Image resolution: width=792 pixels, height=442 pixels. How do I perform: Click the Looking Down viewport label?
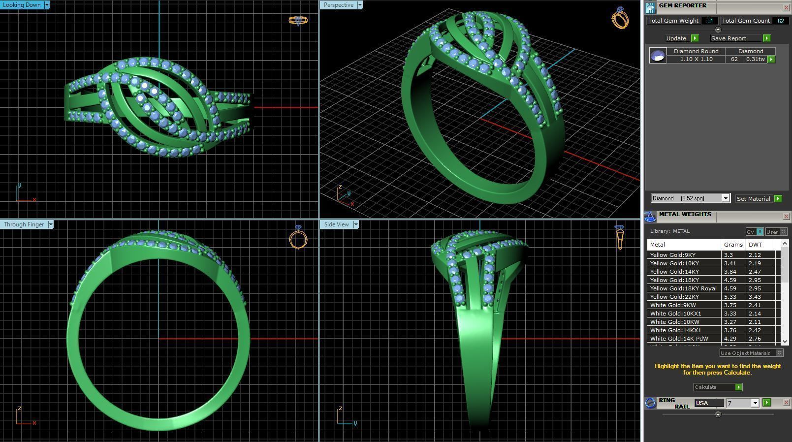[22, 5]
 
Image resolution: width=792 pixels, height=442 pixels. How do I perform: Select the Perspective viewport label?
[338, 5]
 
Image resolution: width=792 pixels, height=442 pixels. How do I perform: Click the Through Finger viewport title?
[24, 224]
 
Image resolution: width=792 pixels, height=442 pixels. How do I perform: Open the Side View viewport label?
[336, 224]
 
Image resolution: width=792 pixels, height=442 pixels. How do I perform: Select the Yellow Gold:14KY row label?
[674, 272]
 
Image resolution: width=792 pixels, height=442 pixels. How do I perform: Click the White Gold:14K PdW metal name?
[679, 339]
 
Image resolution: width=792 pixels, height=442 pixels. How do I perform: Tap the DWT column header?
[755, 245]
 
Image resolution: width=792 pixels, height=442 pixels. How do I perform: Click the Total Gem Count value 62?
[780, 21]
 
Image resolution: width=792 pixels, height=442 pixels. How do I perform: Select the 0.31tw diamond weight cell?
[755, 59]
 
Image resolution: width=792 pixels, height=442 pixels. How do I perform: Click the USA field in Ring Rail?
[708, 403]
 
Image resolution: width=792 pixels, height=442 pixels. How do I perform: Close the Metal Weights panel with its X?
[786, 217]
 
